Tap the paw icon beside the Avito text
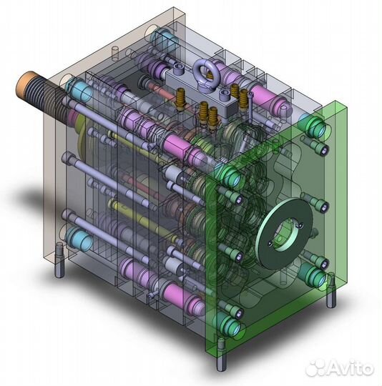coord(315,369)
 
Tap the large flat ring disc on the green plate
coord(284,233)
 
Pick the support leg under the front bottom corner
coord(221,354)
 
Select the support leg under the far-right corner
coord(331,290)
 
